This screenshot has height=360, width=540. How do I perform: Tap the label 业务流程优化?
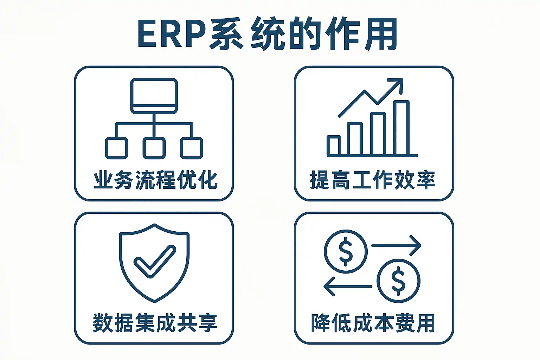pos(155,180)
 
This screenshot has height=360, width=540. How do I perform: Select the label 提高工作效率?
pos(373,180)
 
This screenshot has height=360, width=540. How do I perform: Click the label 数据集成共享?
pos(155,323)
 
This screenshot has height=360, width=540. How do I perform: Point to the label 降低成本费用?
pos(373,323)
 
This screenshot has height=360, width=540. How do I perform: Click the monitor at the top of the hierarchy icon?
pos(154,96)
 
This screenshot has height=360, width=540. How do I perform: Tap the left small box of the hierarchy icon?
pos(116,148)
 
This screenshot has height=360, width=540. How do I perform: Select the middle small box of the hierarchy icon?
pos(154,148)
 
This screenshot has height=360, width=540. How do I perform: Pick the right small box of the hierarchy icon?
pos(192,148)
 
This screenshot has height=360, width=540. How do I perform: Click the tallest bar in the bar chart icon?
pos(401,128)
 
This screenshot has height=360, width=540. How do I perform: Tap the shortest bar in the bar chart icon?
pos(334,145)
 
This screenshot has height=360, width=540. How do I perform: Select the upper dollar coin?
pos(346,251)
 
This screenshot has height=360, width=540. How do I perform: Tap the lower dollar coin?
pos(398,281)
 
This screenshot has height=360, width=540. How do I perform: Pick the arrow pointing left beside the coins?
pos(347,286)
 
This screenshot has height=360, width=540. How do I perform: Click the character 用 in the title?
pos(380,34)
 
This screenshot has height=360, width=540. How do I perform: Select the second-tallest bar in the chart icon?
pos(379,134)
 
